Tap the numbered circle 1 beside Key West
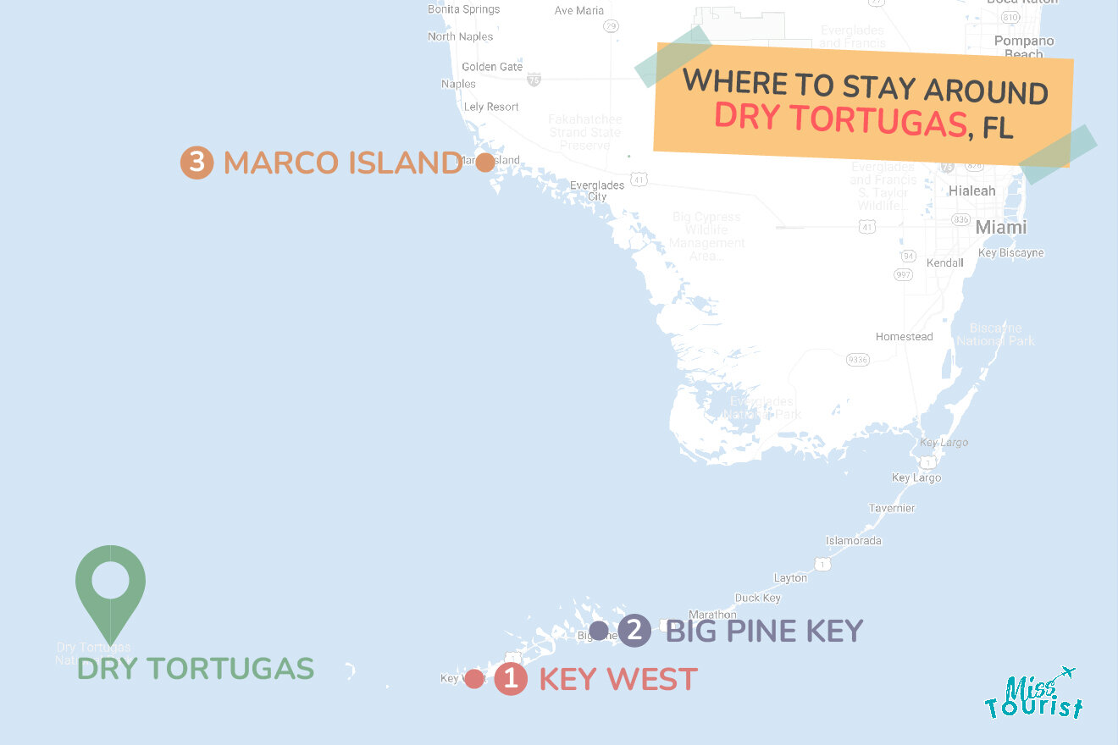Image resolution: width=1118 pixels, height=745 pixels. (510, 678)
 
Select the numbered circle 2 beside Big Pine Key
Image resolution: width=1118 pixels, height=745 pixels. (634, 630)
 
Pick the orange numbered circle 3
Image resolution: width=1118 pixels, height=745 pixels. (196, 163)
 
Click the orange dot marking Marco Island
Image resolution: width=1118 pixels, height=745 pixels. (484, 163)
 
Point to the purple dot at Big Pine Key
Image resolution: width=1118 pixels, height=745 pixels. (598, 630)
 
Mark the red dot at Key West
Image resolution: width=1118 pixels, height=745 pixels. (474, 678)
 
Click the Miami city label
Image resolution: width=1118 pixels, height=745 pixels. (1000, 227)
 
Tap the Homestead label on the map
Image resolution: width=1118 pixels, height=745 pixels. (904, 336)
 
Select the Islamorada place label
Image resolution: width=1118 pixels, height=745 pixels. (853, 540)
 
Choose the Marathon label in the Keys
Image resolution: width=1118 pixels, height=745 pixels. (712, 614)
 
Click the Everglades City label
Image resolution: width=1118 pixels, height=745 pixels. (597, 190)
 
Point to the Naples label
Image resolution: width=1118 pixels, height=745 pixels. (458, 84)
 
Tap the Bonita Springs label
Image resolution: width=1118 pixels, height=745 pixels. (463, 9)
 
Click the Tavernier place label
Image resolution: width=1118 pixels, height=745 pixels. (891, 508)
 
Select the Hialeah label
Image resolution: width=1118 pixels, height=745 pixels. (971, 190)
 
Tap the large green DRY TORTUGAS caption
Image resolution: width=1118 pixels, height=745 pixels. (196, 669)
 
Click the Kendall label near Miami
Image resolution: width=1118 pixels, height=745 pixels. (944, 262)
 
